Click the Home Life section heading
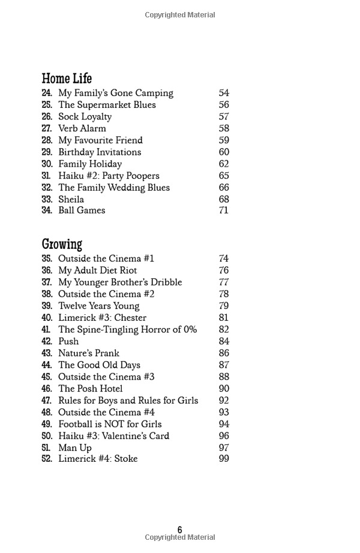[x=67, y=79]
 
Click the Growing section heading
[x=62, y=244]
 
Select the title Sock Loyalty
[x=85, y=116]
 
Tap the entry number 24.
[x=47, y=93]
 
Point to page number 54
[x=224, y=93]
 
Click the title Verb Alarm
[x=82, y=128]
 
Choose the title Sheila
[x=71, y=199]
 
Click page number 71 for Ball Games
[x=224, y=211]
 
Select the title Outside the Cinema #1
[x=106, y=259]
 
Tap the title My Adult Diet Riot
[x=98, y=271]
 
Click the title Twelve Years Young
[x=98, y=306]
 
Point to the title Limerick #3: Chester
[x=102, y=318]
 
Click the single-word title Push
[x=68, y=341]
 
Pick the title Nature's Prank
[x=89, y=353]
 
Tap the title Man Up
[x=75, y=447]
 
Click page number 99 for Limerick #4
[x=224, y=459]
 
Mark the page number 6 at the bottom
[x=180, y=530]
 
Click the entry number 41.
[x=47, y=329]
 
